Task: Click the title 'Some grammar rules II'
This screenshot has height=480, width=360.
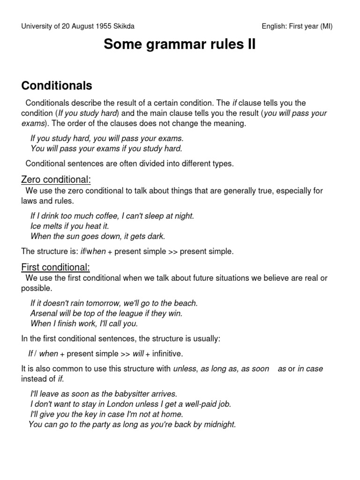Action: coord(180,45)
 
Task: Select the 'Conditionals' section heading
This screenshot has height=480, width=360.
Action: coord(57,86)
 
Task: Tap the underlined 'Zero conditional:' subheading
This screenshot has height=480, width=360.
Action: coord(56,180)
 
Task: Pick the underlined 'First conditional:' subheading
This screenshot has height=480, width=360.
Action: coord(56,267)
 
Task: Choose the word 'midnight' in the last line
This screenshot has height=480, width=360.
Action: coord(219,425)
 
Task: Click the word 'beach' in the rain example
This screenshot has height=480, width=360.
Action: coord(186,303)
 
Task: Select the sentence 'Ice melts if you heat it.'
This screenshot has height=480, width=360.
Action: coord(69,226)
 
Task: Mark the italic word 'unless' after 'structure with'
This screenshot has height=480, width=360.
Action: coord(185,368)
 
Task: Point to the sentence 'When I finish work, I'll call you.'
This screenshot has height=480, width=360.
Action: coord(84,323)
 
